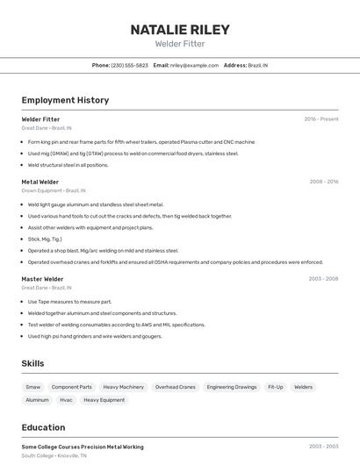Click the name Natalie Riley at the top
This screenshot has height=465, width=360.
pos(180,30)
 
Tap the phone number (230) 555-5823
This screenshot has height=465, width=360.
pos(129,65)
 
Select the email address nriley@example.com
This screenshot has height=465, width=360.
pos(194,65)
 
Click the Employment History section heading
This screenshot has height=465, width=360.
pos(65,100)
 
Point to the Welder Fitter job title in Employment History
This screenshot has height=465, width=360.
pos(40,119)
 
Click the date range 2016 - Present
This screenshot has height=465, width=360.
pos(320,119)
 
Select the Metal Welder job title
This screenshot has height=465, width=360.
pos(40,182)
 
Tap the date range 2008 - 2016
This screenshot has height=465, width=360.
pos(323,182)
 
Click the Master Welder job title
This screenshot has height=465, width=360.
pos(42,279)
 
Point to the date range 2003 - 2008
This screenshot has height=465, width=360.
pos(323,279)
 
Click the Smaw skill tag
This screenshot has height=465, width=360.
pos(32,387)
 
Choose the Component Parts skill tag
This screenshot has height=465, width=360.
pos(72,387)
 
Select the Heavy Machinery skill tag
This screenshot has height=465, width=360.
pos(123,387)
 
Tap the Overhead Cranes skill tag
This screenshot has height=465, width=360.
pos(175,387)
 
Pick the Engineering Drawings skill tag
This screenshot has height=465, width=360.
pos(232,387)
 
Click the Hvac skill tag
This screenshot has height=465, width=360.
pos(66,400)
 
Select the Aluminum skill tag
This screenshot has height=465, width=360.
pos(37,400)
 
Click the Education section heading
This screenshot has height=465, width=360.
pos(43,428)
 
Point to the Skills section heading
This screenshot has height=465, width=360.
pos(33,363)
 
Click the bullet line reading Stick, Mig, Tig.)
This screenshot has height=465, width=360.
pos(45,239)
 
